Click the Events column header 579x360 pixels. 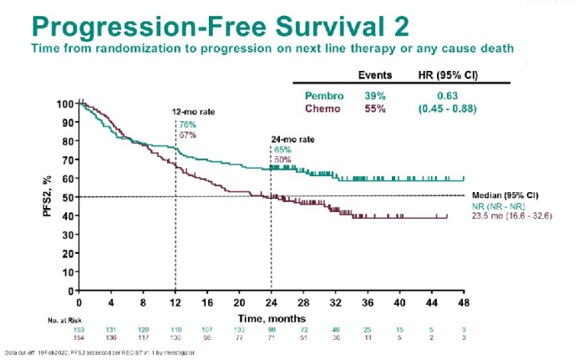point(376,74)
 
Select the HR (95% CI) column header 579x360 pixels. point(448,74)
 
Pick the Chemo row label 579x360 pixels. point(320,109)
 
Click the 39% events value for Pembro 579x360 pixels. point(375,95)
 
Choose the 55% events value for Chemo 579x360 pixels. point(375,109)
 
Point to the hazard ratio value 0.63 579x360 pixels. point(449,95)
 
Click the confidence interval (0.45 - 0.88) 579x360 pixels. point(449,109)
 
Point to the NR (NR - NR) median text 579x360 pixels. point(498,205)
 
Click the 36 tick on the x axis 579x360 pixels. point(368,302)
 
